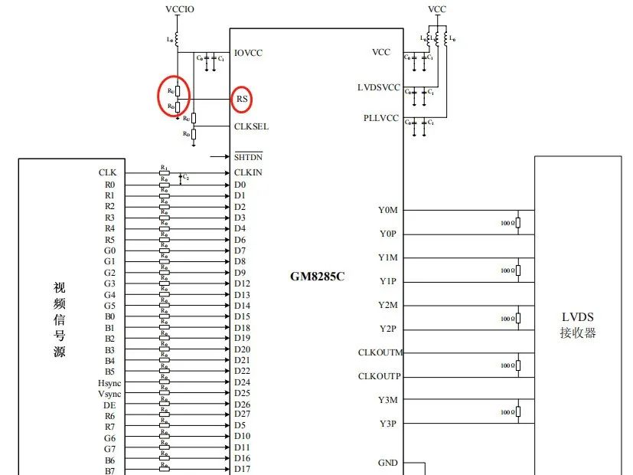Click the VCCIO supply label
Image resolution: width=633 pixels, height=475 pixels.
(x=180, y=9)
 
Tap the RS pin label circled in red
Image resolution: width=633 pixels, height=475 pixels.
(x=242, y=99)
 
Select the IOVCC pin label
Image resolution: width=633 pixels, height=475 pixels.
(x=250, y=54)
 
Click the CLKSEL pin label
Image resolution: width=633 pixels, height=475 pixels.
(x=251, y=126)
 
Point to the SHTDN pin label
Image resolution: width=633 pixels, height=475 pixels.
(x=248, y=158)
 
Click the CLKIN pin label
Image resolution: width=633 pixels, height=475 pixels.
(x=248, y=172)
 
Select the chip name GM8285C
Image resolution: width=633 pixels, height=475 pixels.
(x=317, y=276)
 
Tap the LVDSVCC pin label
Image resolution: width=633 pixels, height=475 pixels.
(x=380, y=87)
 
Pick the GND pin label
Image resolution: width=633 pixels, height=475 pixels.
(x=387, y=463)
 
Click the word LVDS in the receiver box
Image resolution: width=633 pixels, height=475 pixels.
(x=578, y=317)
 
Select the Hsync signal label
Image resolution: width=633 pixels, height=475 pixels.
(x=109, y=382)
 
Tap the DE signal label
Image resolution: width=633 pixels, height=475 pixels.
(x=109, y=405)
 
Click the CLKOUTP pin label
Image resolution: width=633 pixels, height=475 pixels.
(x=380, y=376)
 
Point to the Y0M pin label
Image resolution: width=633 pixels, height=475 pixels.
(x=387, y=210)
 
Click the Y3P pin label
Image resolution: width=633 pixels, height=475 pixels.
(x=387, y=424)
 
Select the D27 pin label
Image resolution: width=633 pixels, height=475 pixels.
(x=242, y=414)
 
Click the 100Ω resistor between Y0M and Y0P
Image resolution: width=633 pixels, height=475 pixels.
(x=518, y=223)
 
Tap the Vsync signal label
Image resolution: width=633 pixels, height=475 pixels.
(x=109, y=393)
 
